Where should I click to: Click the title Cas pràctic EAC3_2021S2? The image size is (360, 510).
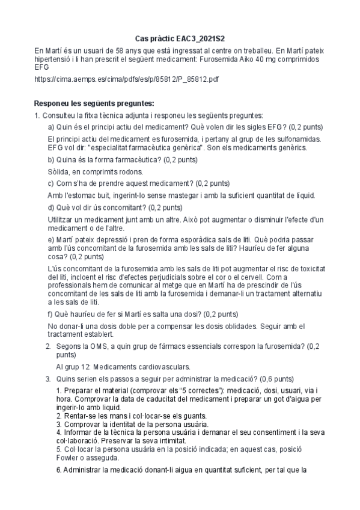click(x=180, y=37)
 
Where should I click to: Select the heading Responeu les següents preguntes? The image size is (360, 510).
click(x=94, y=103)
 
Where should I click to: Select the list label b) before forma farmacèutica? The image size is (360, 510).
click(x=51, y=160)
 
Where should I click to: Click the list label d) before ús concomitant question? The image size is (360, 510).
click(x=51, y=207)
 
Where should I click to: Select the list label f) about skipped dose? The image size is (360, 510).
click(x=50, y=313)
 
